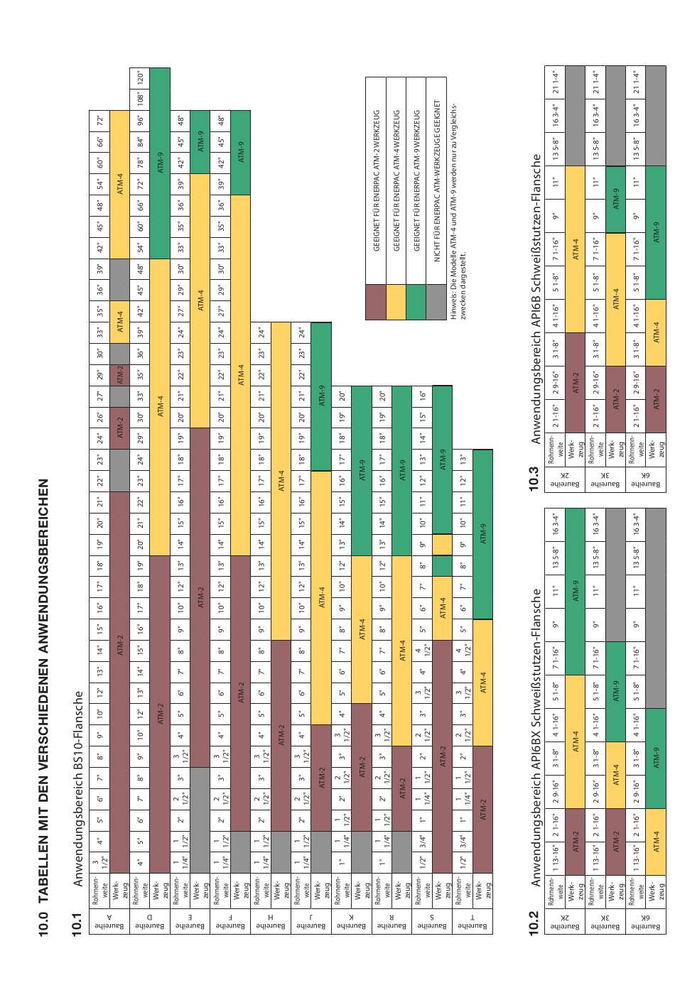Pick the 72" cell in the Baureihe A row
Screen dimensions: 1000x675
pyautogui.click(x=99, y=119)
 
